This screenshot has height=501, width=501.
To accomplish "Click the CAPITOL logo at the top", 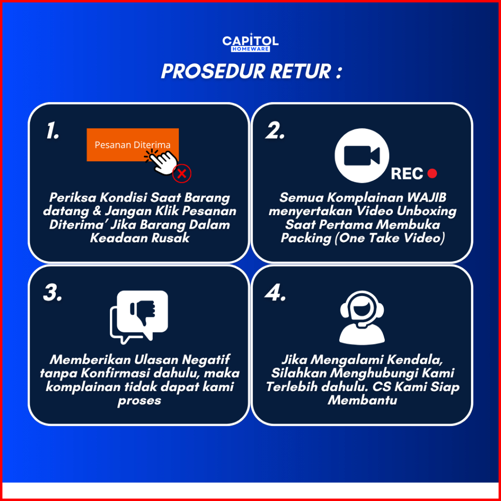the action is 250,43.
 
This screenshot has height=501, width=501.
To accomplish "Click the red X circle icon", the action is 182,173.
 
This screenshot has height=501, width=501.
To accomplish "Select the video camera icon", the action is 361,156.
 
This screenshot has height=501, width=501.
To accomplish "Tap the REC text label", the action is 407,173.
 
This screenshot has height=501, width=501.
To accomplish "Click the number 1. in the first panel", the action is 53,131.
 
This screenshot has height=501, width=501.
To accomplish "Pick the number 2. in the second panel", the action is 276,131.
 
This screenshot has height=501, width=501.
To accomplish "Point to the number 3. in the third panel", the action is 53,293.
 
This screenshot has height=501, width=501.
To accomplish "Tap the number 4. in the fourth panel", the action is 276,293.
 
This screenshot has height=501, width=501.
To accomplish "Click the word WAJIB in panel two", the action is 426,198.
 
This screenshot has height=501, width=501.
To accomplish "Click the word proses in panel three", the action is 139,401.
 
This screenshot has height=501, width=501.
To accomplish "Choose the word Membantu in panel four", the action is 362,400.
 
